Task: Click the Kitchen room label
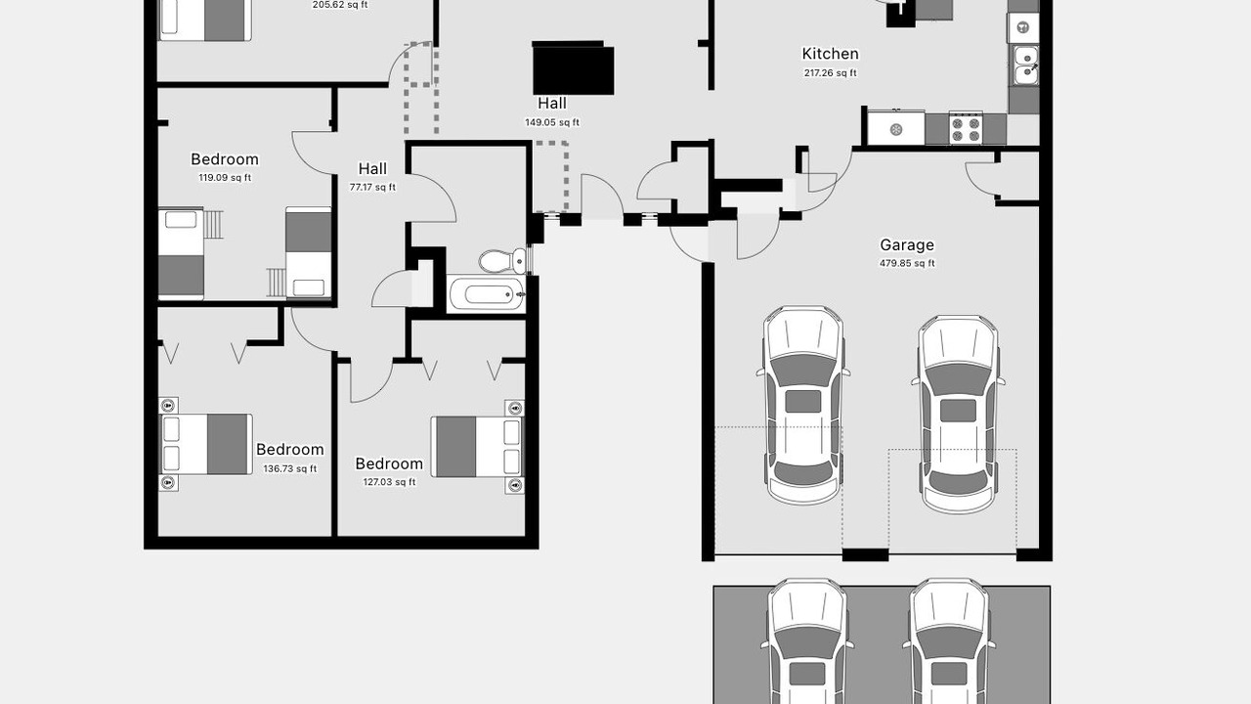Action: click(830, 54)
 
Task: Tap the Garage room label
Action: click(907, 244)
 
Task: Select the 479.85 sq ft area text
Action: click(907, 263)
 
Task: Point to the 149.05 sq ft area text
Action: click(552, 122)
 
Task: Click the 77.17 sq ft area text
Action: click(372, 187)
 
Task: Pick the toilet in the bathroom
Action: click(502, 261)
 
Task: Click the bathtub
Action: click(487, 294)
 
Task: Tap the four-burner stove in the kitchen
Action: click(966, 129)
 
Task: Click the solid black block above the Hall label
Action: click(573, 68)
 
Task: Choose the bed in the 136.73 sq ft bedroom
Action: click(206, 444)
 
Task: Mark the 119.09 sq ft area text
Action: click(225, 178)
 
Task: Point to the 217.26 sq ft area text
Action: click(830, 72)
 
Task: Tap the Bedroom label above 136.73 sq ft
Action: click(290, 449)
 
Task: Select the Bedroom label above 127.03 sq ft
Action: click(389, 463)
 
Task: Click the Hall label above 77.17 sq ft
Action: click(372, 168)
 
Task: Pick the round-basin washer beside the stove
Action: click(896, 130)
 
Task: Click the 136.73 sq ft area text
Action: click(290, 468)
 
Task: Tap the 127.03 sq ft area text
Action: click(389, 482)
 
